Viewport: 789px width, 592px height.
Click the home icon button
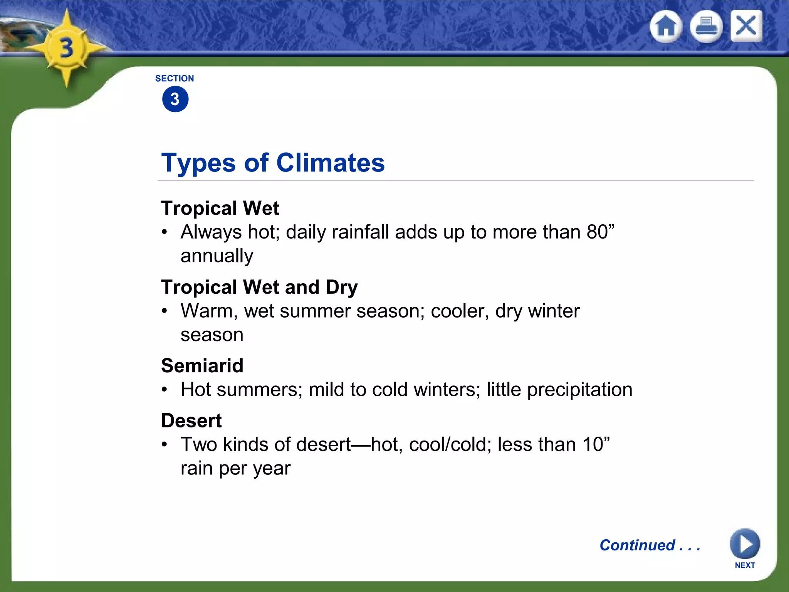pyautogui.click(x=666, y=27)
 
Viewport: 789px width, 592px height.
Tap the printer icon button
pyautogui.click(x=706, y=27)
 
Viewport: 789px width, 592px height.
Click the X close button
pyautogui.click(x=746, y=26)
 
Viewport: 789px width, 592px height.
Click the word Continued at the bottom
pyautogui.click(x=638, y=545)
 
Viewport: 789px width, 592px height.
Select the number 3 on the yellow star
pyautogui.click(x=67, y=49)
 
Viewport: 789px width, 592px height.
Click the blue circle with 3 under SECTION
pyautogui.click(x=175, y=99)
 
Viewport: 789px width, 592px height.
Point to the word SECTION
pyautogui.click(x=175, y=79)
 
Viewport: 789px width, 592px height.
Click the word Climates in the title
pyautogui.click(x=331, y=163)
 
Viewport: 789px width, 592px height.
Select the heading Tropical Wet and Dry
pyautogui.click(x=259, y=288)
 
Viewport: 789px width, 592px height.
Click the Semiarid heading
pyautogui.click(x=202, y=366)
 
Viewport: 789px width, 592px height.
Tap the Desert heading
pyautogui.click(x=191, y=420)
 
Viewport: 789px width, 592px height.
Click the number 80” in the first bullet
pyautogui.click(x=600, y=232)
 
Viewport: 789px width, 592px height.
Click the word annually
pyautogui.click(x=217, y=256)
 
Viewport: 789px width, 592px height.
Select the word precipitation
pyautogui.click(x=579, y=390)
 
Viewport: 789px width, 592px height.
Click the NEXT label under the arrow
pyautogui.click(x=745, y=565)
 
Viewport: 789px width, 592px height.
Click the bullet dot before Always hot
pyautogui.click(x=165, y=232)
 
